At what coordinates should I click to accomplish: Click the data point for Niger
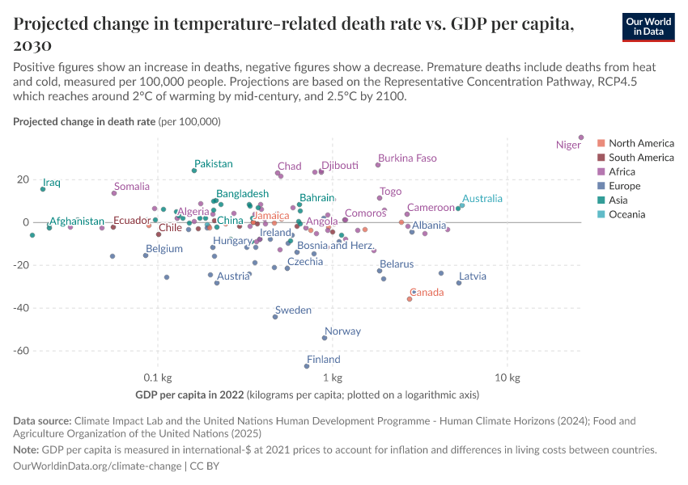pos(581,137)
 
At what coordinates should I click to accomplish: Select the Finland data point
pos(307,366)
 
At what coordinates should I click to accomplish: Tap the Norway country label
pos(342,331)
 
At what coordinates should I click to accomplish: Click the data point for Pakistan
pos(194,171)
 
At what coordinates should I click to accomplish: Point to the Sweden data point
pos(275,317)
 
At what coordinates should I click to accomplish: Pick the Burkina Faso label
pos(407,158)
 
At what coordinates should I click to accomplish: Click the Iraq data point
pos(43,189)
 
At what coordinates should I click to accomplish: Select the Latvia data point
pos(459,283)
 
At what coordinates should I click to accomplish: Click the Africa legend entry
pos(622,171)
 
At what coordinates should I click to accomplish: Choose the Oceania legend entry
pos(626,214)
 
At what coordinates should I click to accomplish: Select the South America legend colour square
pos(601,158)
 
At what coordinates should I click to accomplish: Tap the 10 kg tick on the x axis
pos(507,377)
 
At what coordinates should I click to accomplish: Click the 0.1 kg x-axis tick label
pos(157,377)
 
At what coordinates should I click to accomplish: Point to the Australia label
pos(482,198)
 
